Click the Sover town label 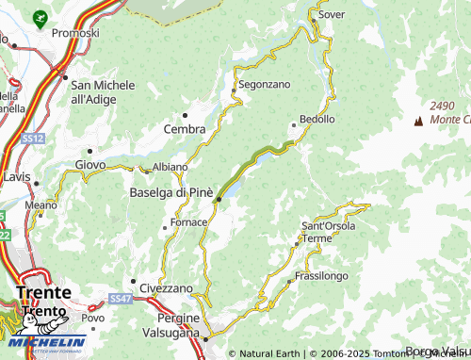coord(332,16)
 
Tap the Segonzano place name coord(264,84)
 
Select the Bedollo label coord(317,120)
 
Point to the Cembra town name coord(185,129)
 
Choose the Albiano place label coord(170,167)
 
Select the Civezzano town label coord(167,287)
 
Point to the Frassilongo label coord(321,276)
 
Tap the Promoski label coord(75,33)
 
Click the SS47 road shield coord(119,299)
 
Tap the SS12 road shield coord(34,139)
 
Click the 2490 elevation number coord(442,105)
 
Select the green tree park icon coord(39,17)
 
